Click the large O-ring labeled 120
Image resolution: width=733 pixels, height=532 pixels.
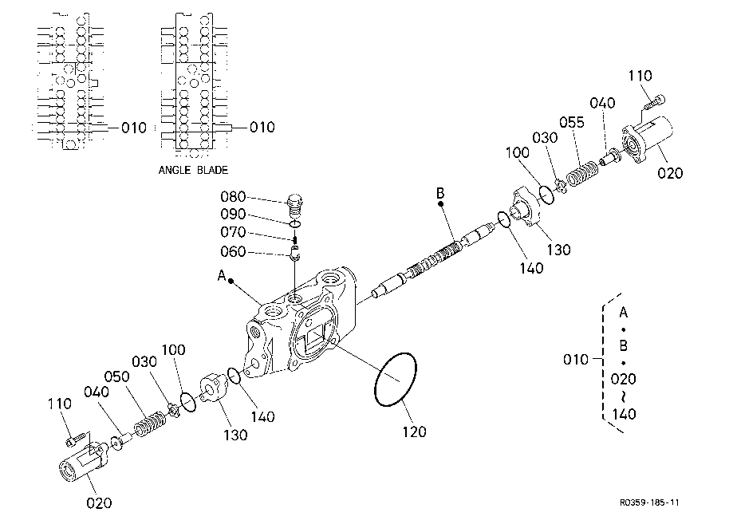pos(396,380)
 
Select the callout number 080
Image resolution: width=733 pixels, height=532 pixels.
pos(233,196)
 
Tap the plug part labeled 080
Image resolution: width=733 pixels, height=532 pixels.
pos(294,205)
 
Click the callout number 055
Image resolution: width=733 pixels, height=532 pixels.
pos(572,123)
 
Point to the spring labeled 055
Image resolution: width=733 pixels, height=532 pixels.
pos(582,173)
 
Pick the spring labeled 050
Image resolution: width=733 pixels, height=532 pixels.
pos(150,424)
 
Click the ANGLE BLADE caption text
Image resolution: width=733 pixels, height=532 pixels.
pos(193,170)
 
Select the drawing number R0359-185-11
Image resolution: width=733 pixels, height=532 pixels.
pos(649,502)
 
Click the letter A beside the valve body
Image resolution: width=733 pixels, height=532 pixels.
pos(222,275)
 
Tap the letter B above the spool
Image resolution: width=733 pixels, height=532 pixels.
pos(440,192)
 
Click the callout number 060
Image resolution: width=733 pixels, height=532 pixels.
pos(233,251)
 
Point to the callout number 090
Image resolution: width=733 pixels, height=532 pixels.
pos(233,214)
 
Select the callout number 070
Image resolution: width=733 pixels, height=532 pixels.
pos(233,232)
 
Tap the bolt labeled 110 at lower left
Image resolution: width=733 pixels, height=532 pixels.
pos(76,439)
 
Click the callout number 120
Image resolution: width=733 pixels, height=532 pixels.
pos(414,432)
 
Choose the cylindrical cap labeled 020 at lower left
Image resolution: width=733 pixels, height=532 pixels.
pos(83,462)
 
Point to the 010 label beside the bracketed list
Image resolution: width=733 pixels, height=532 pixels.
pos(575,360)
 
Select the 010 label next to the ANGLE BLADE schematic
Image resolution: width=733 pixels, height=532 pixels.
pos(262,127)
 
